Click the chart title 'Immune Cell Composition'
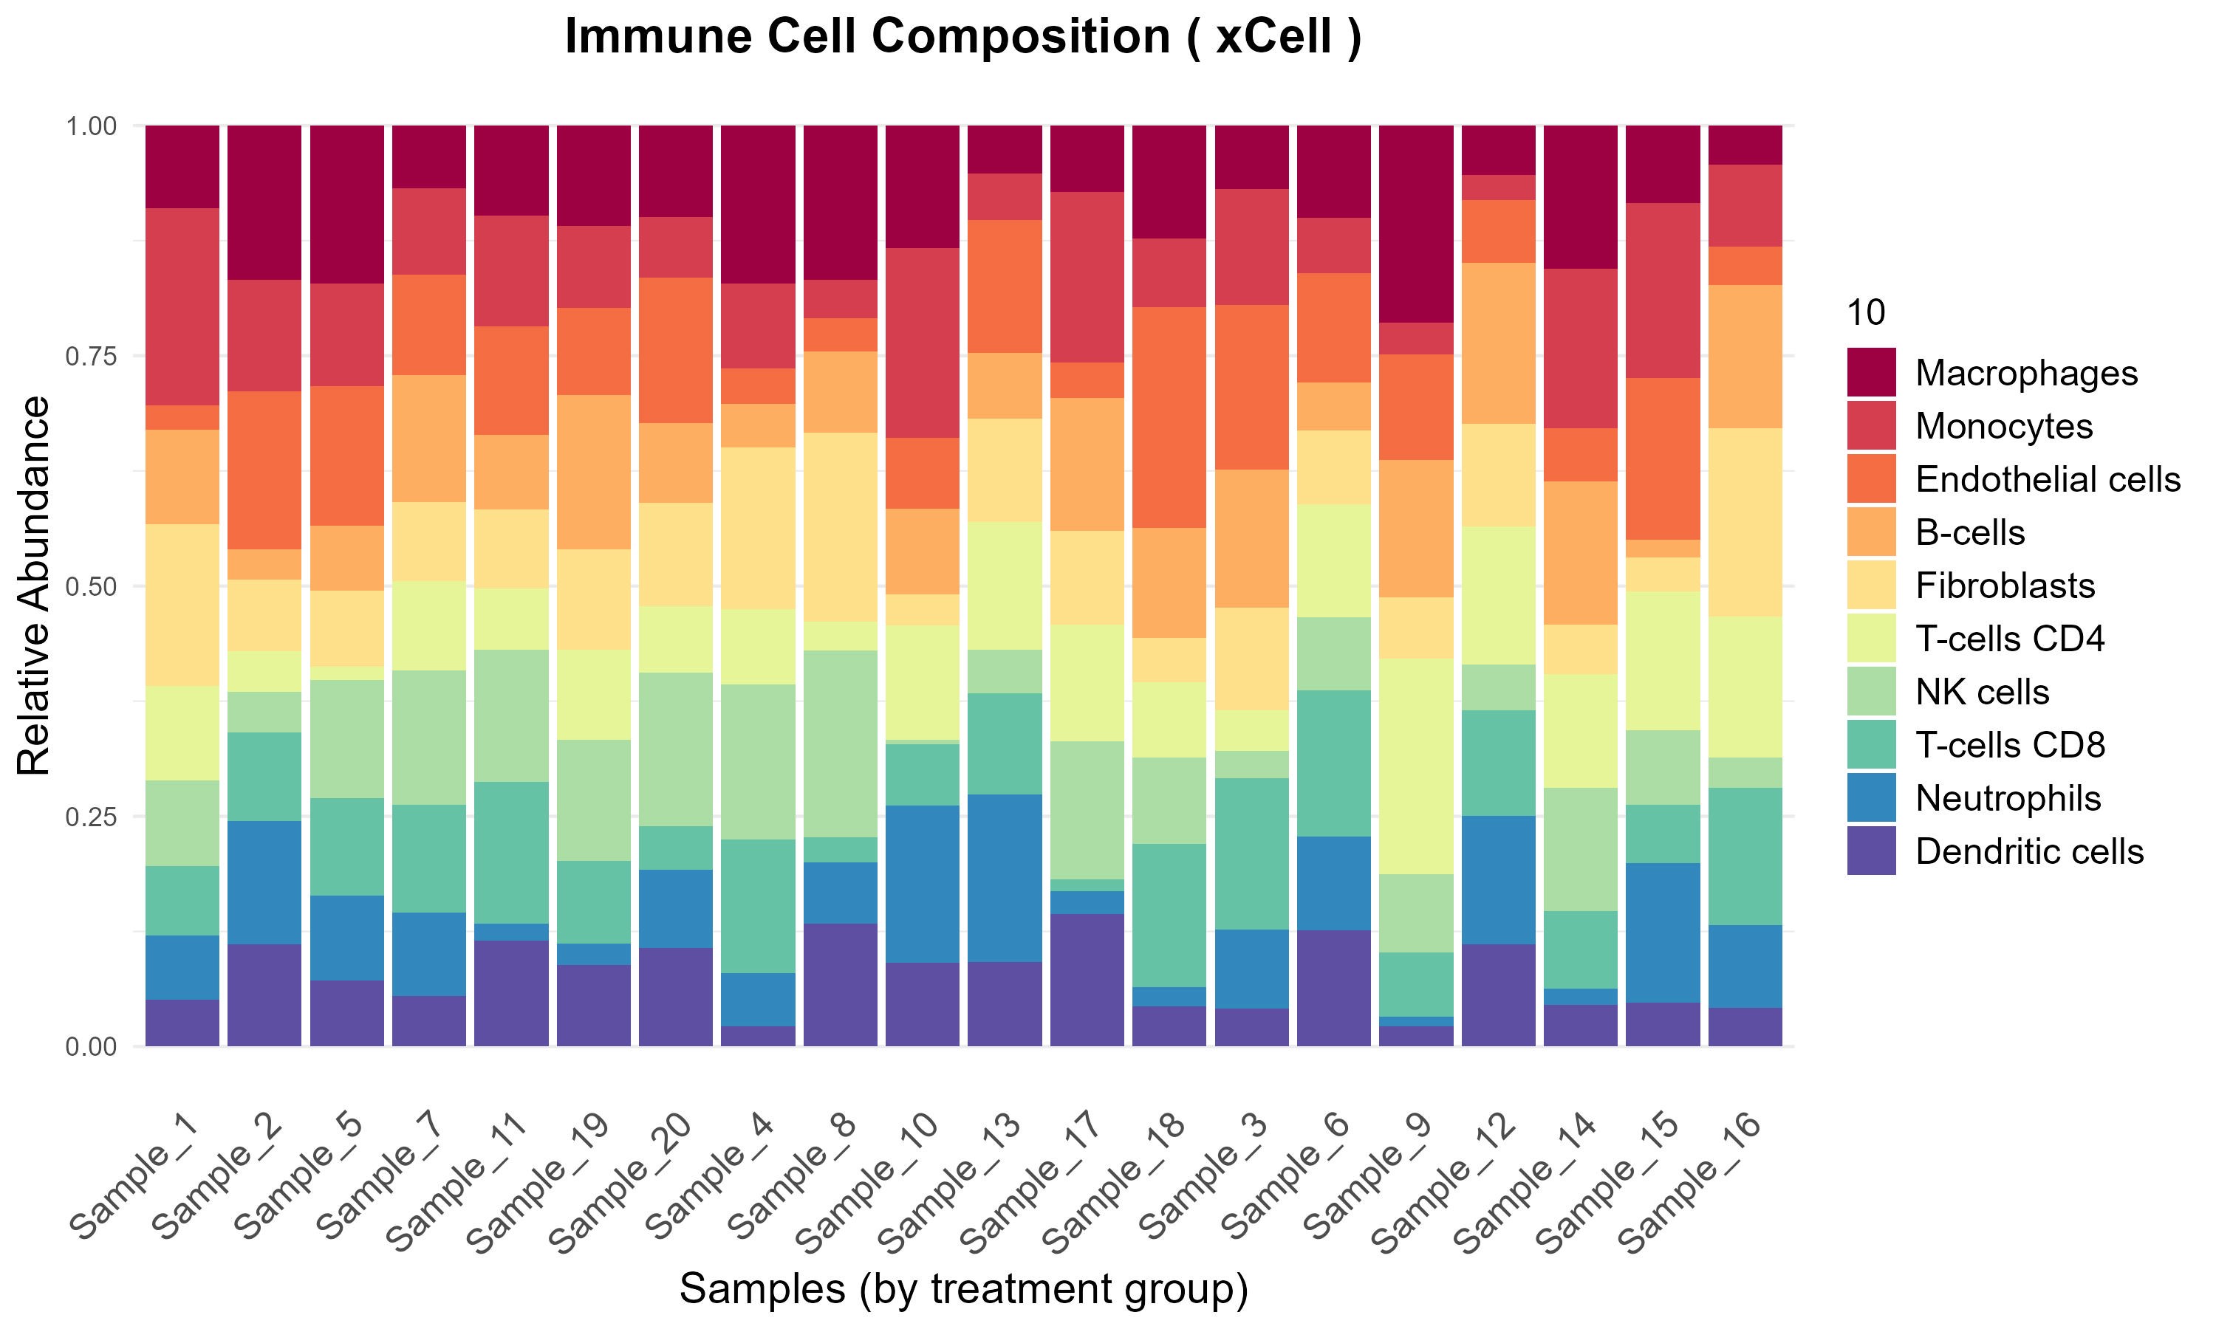pyautogui.click(x=963, y=38)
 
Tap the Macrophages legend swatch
pyautogui.click(x=1871, y=373)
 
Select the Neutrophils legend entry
pyautogui.click(x=2007, y=798)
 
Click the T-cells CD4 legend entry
pyautogui.click(x=2009, y=639)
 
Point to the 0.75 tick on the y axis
pyautogui.click(x=92, y=357)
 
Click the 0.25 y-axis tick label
pyautogui.click(x=92, y=817)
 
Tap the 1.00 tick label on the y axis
pyautogui.click(x=92, y=126)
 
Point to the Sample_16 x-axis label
pyautogui.click(x=1689, y=1182)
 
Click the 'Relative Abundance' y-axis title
pyautogui.click(x=34, y=585)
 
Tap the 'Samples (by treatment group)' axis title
pyautogui.click(x=963, y=1288)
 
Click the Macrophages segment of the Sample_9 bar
pyautogui.click(x=1416, y=224)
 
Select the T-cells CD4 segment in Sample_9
pyautogui.click(x=1416, y=766)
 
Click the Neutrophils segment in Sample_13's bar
pyautogui.click(x=1005, y=878)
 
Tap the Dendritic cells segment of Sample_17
pyautogui.click(x=1087, y=979)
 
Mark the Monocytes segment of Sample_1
pyautogui.click(x=182, y=306)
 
